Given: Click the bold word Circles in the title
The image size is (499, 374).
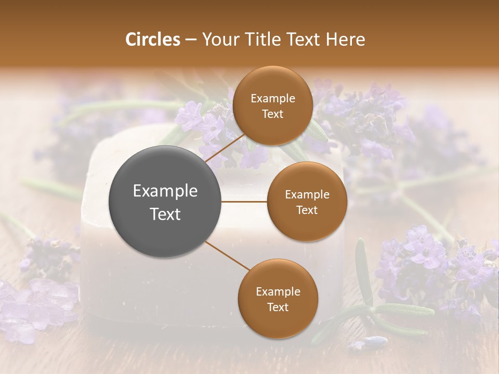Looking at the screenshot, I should coord(152,39).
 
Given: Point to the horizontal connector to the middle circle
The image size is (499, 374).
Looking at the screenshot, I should coord(244,202).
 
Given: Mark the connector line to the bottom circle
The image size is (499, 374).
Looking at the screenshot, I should coord(228,256).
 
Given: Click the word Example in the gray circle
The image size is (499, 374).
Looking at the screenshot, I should coord(165,191).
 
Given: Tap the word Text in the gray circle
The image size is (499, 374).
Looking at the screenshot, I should coord(165,214).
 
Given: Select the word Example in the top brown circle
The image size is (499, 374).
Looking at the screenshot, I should coord(273,99).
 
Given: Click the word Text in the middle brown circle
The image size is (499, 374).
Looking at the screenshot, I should coord(307,210).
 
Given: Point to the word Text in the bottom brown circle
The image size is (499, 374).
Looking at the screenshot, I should coord(278,307).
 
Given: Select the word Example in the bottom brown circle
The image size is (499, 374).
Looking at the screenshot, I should coord(278,291).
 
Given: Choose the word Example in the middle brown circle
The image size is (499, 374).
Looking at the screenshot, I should coord(307,195).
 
